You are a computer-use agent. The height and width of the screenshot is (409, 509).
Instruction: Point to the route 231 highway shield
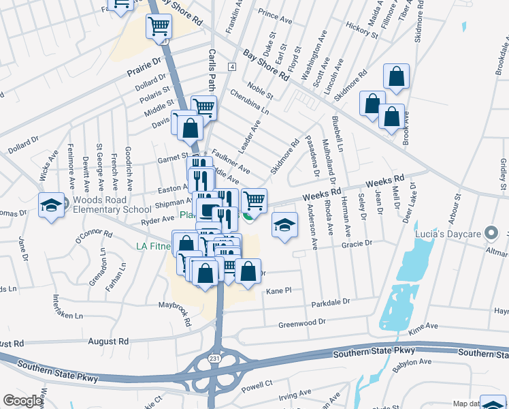coord(214,359)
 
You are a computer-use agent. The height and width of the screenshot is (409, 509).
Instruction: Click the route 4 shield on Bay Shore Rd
coord(232,67)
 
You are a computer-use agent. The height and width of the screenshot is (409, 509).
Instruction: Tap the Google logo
coord(23,400)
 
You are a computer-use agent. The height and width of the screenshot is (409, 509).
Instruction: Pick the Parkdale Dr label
coord(330,301)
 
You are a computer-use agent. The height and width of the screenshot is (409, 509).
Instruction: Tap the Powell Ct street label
coord(257,384)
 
